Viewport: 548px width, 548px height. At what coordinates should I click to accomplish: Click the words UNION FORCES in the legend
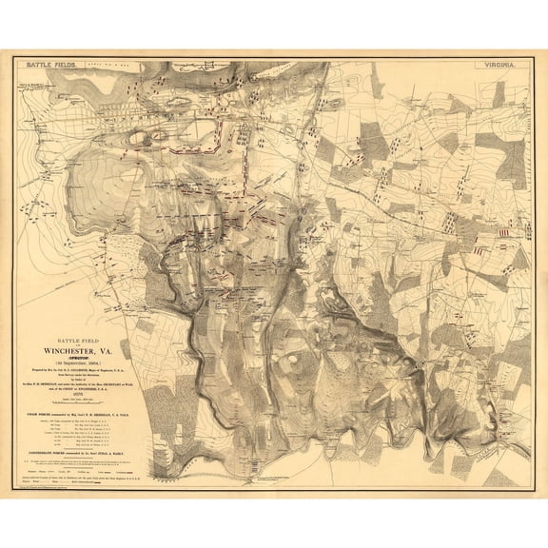point(45,416)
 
